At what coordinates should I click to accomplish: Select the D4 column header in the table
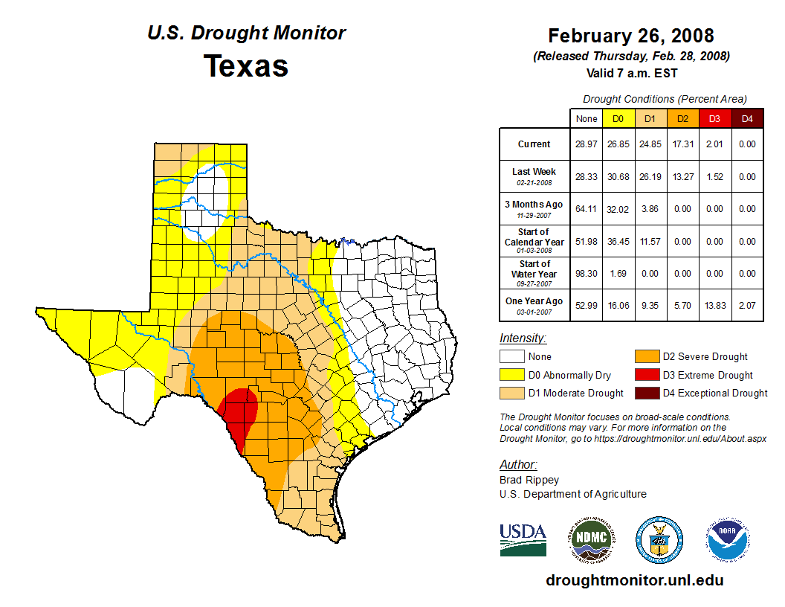(748, 118)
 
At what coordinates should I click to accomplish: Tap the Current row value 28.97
(587, 144)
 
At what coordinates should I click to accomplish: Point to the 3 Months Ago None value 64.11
(587, 209)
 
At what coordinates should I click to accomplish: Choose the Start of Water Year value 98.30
(587, 274)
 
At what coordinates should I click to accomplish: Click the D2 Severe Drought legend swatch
(646, 356)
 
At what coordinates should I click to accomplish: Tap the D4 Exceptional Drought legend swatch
(646, 393)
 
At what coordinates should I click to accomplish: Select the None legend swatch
(511, 356)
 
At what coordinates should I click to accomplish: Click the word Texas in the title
(246, 65)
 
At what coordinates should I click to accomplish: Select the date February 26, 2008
(631, 36)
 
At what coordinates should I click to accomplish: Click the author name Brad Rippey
(529, 480)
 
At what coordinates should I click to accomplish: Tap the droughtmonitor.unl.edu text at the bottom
(634, 580)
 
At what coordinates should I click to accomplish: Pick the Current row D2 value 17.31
(682, 144)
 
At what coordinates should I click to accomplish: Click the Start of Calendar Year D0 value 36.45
(618, 242)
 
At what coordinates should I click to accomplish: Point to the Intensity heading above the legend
(523, 338)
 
